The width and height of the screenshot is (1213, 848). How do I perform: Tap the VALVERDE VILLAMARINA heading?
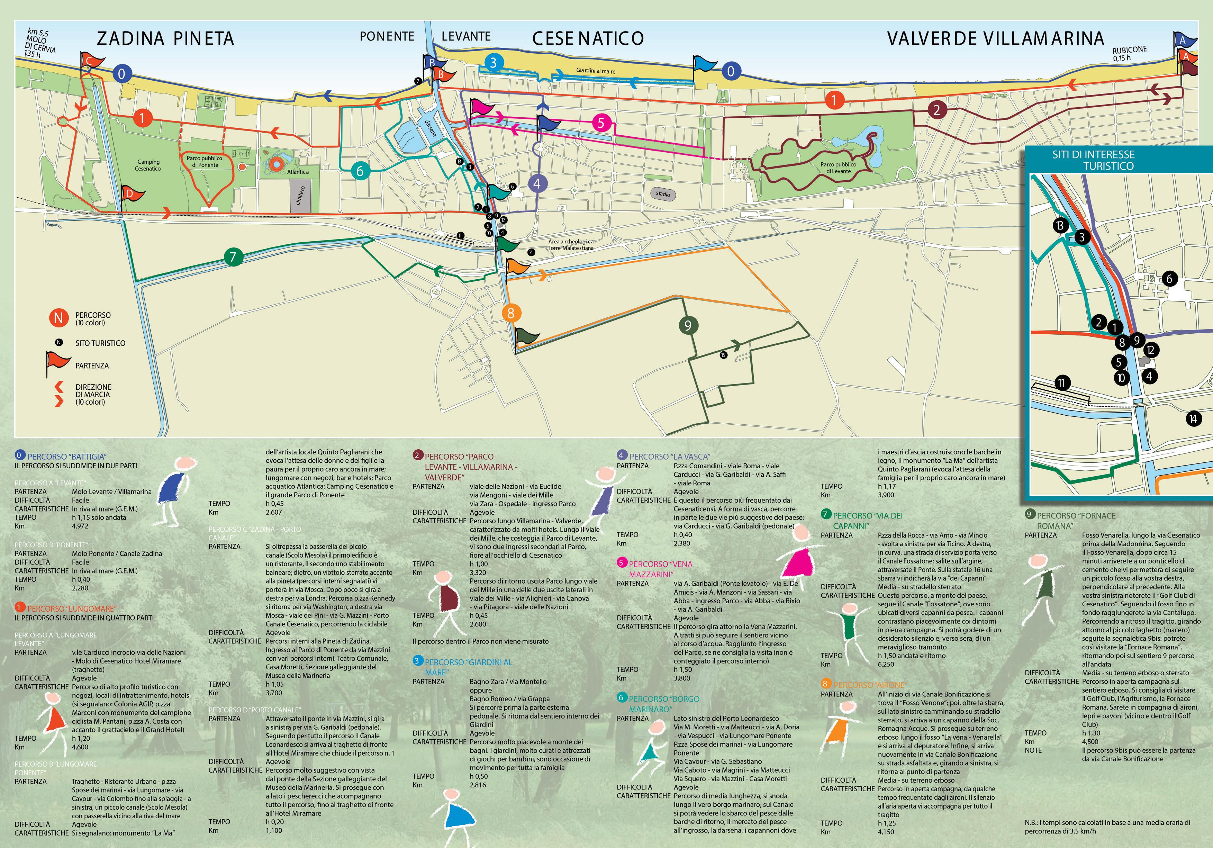tap(995, 38)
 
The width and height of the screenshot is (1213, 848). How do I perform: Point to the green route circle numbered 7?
tap(233, 257)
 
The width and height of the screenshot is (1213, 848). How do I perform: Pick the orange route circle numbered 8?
tap(510, 313)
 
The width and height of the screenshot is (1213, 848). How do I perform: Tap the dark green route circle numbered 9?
tap(687, 325)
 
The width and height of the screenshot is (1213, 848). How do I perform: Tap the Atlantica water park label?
tap(298, 172)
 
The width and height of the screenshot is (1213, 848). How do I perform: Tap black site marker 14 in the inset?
tap(1193, 419)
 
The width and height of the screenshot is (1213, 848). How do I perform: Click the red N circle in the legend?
tap(58, 318)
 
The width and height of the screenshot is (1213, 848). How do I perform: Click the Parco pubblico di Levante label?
tap(839, 168)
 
